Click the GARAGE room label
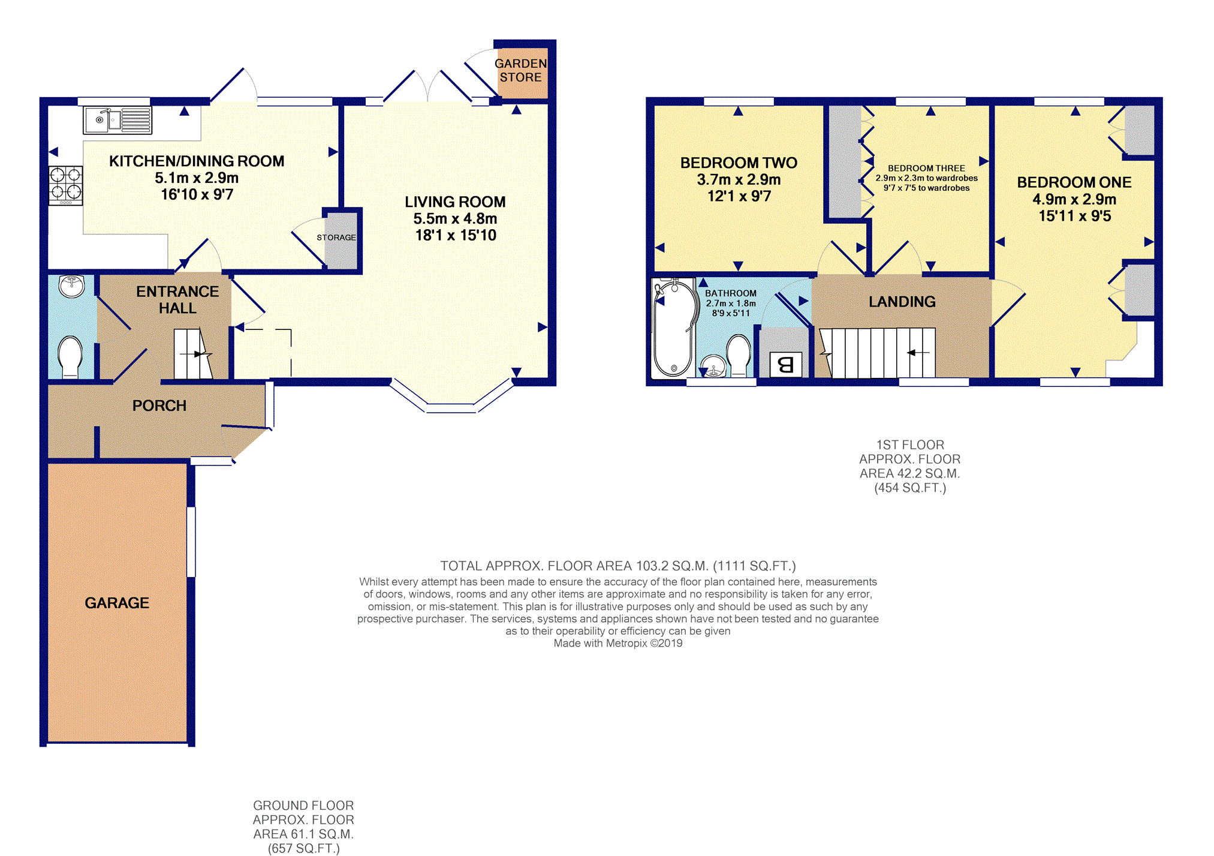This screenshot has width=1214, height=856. click(x=117, y=603)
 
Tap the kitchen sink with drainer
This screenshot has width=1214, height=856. click(x=118, y=120)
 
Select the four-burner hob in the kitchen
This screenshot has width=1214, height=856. click(x=65, y=185)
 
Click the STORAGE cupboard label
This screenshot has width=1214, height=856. click(x=336, y=238)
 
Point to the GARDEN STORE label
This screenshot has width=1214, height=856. click(x=521, y=70)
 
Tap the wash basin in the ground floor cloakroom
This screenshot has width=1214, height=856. click(x=72, y=286)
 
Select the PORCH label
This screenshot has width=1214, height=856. click(x=159, y=406)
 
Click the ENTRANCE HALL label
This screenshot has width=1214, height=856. click(x=177, y=299)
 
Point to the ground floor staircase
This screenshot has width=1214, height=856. click(x=193, y=354)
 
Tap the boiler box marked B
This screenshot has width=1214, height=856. click(x=785, y=364)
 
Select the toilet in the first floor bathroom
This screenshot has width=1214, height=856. click(x=739, y=355)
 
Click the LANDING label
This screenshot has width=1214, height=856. click(x=902, y=302)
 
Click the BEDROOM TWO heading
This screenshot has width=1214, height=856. click(x=739, y=163)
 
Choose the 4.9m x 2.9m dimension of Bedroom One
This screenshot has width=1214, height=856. click(x=1074, y=199)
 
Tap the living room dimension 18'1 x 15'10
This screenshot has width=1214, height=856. click(x=456, y=235)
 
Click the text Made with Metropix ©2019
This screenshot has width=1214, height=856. click(x=618, y=643)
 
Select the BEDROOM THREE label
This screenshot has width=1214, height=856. click(x=926, y=169)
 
